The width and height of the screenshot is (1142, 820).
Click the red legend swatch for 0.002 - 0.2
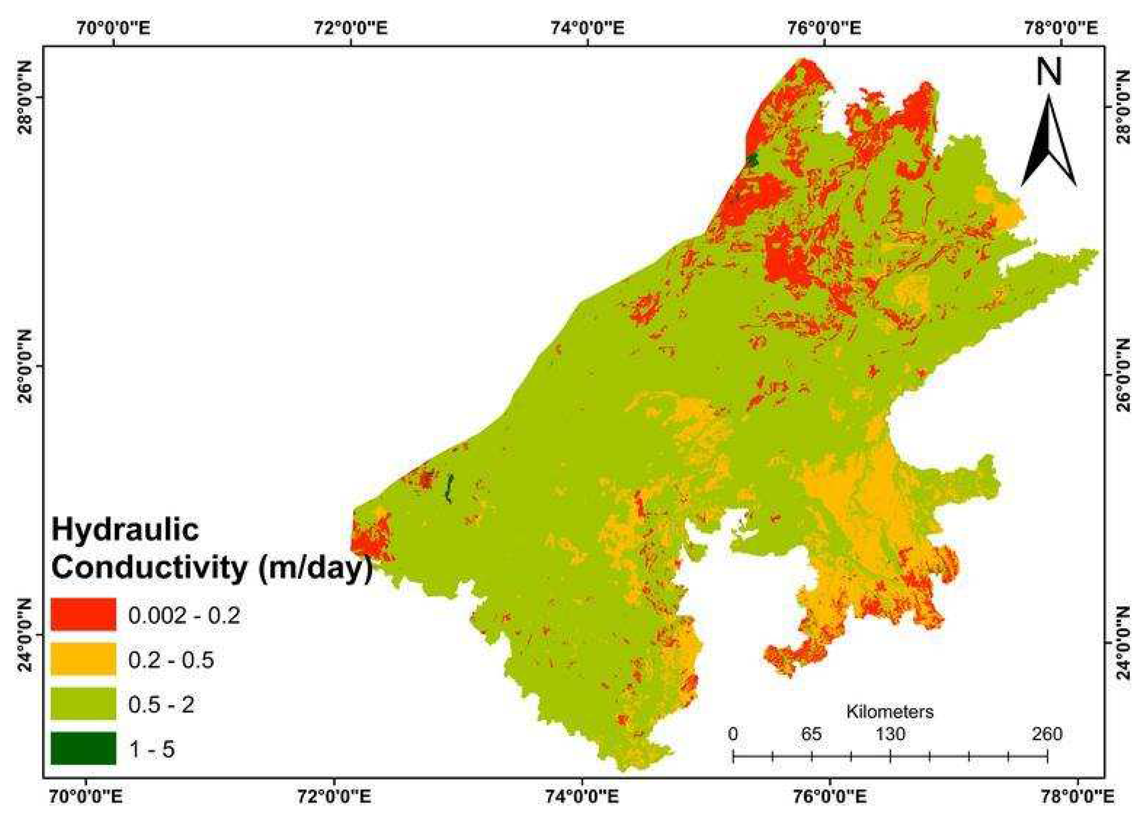tap(83, 614)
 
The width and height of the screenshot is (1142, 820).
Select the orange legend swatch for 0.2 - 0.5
tap(83, 659)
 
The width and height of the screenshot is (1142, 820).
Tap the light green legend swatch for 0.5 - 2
tap(83, 704)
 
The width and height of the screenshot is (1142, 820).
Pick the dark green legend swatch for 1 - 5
tap(83, 748)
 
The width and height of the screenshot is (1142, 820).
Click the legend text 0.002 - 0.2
tap(184, 615)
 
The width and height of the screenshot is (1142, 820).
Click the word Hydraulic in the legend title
tap(126, 530)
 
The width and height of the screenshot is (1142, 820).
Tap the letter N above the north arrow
tap(1049, 72)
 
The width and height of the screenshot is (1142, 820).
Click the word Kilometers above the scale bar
tap(890, 712)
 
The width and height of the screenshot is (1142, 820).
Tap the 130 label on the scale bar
tap(890, 734)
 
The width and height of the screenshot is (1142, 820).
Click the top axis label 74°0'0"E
tap(587, 28)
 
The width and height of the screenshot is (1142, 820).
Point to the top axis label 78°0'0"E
tap(1061, 28)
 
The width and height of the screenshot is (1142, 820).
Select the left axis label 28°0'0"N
tap(26, 99)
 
